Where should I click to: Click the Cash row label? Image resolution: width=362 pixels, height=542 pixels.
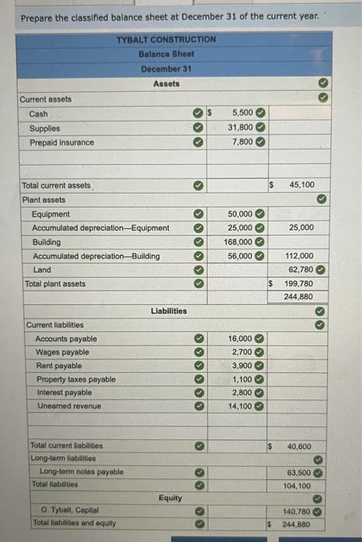pyautogui.click(x=38, y=114)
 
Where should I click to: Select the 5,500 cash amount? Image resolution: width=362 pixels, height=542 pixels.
pyautogui.click(x=243, y=114)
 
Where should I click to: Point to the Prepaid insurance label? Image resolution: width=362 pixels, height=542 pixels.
pyautogui.click(x=61, y=142)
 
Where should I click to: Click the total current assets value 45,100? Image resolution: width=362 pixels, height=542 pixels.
pyautogui.click(x=301, y=185)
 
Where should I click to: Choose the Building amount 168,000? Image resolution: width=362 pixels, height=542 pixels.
pyautogui.click(x=240, y=242)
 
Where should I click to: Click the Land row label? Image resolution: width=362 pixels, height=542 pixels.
pyautogui.click(x=42, y=269)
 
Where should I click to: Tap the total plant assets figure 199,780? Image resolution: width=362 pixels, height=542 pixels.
pyautogui.click(x=299, y=283)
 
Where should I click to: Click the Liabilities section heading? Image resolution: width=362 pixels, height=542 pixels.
pyautogui.click(x=168, y=310)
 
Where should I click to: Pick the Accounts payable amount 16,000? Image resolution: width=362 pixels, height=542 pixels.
pyautogui.click(x=240, y=339)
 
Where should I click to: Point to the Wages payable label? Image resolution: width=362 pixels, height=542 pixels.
pyautogui.click(x=62, y=352)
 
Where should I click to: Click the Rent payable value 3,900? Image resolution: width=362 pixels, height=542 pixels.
pyautogui.click(x=243, y=366)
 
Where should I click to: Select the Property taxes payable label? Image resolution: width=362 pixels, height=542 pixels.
pyautogui.click(x=75, y=379)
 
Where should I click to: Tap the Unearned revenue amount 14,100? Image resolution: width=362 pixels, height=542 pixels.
pyautogui.click(x=240, y=406)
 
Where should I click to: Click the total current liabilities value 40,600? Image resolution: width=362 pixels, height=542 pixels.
pyautogui.click(x=299, y=447)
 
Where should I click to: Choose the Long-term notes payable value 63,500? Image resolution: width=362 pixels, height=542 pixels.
pyautogui.click(x=299, y=472)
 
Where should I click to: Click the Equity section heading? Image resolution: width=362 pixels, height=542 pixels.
pyautogui.click(x=170, y=498)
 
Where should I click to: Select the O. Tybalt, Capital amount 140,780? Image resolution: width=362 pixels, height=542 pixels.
pyautogui.click(x=298, y=511)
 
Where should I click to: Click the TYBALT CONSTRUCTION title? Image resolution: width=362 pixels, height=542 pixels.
pyautogui.click(x=166, y=39)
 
